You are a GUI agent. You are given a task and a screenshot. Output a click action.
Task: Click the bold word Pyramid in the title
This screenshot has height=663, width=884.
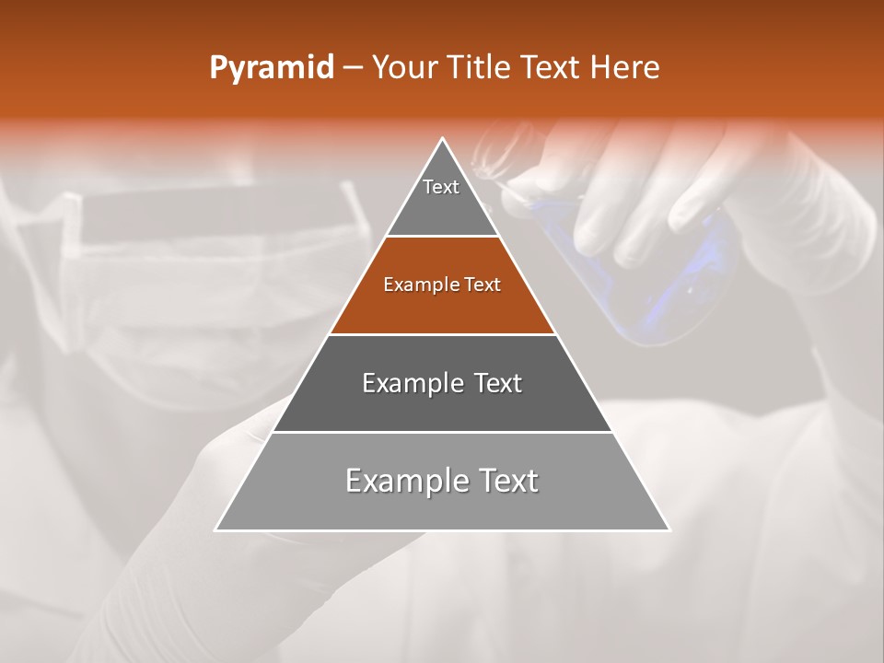[x=271, y=68]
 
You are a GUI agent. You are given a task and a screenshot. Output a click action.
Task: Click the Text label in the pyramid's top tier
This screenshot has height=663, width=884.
[x=441, y=187]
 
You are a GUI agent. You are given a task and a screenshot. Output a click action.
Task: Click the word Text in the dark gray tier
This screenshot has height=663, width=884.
[x=497, y=383]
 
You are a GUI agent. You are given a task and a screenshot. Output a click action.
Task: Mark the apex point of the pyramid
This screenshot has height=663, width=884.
[x=443, y=139]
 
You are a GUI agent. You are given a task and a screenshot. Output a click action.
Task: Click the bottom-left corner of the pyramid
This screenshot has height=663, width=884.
[x=216, y=529]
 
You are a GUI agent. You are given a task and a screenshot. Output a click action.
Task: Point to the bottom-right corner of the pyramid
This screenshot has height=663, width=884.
[x=669, y=529]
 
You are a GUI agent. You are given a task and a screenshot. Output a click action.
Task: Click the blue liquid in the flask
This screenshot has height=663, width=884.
[x=663, y=295]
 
